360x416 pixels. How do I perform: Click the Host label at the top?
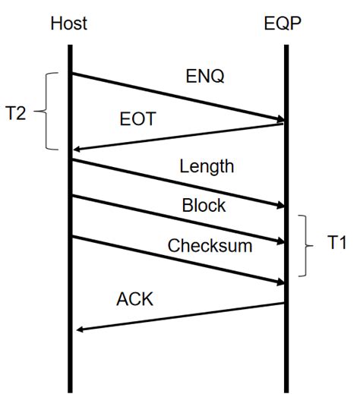click(x=69, y=24)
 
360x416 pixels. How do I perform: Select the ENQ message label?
click(x=204, y=77)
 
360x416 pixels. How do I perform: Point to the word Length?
click(x=207, y=165)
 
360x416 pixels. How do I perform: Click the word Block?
click(x=204, y=205)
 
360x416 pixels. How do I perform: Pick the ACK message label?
click(x=134, y=299)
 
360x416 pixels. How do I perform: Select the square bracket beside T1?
click(x=305, y=244)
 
